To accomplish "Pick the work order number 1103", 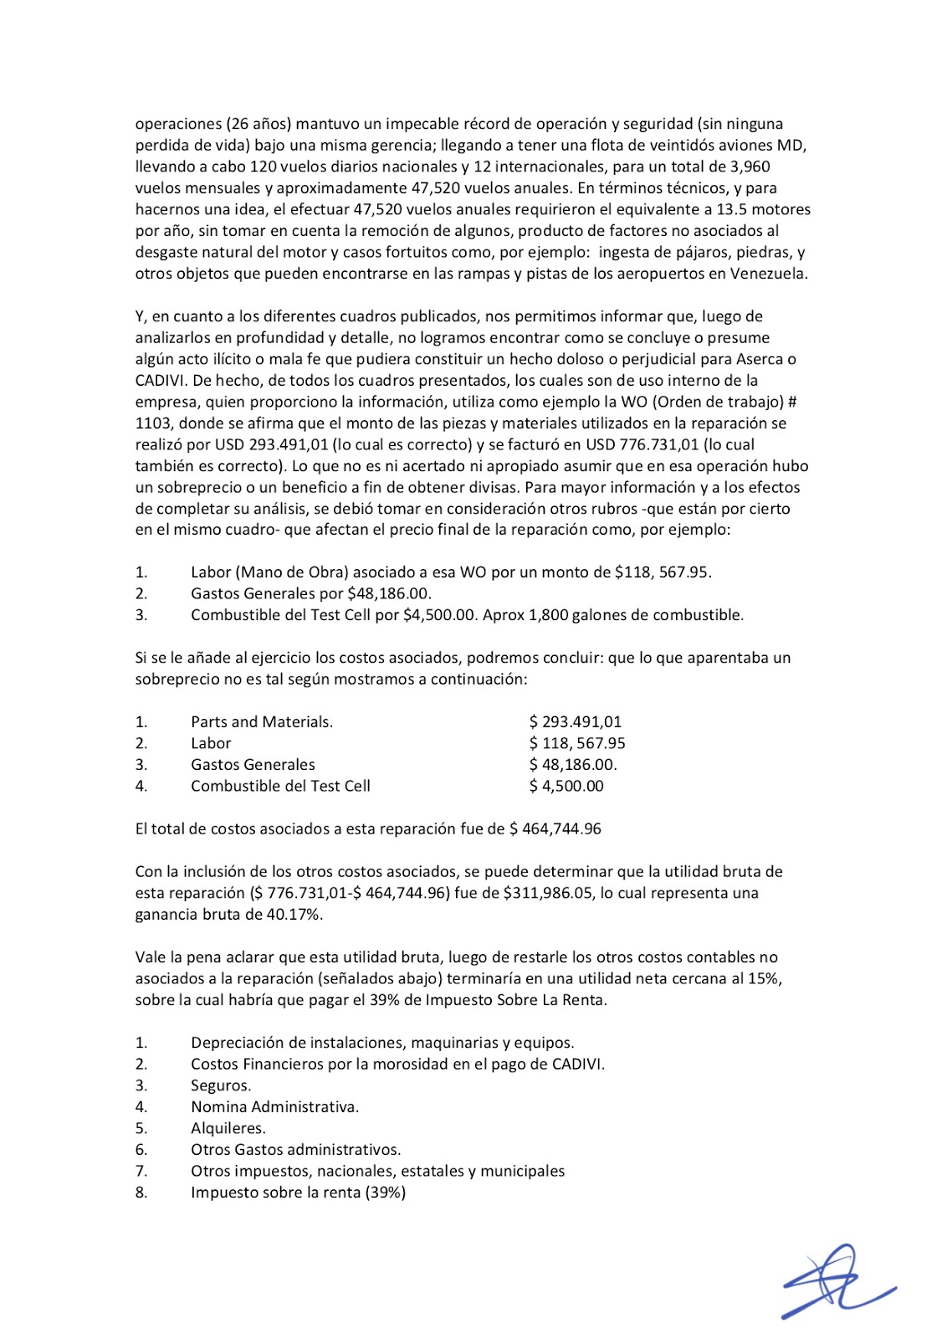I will [154, 423].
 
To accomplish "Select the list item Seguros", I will [221, 1085].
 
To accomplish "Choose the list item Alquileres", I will [228, 1128].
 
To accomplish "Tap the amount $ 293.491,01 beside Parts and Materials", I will [576, 721].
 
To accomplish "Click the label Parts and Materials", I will [262, 721].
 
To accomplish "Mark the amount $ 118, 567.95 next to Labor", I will [577, 743].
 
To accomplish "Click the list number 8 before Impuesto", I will [141, 1193].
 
